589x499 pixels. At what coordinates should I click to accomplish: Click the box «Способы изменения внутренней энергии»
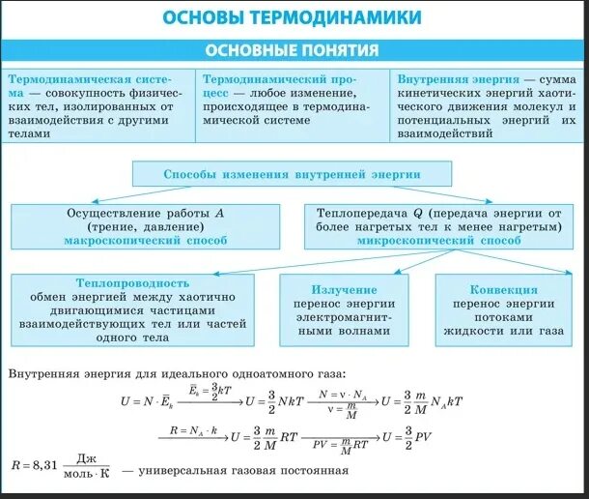[292, 174]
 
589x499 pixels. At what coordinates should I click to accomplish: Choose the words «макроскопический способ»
[146, 241]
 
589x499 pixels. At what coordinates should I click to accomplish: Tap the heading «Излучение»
[344, 289]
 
